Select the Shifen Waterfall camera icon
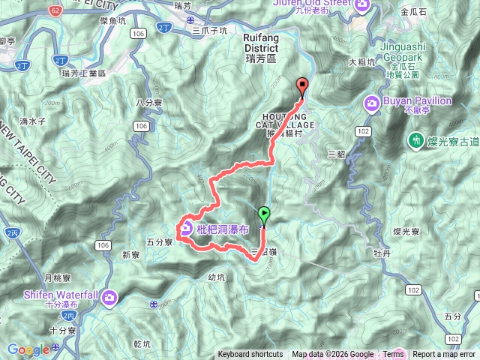(x=110, y=298)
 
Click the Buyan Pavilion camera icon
(x=370, y=102)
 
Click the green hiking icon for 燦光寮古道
(x=414, y=139)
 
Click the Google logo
(x=28, y=349)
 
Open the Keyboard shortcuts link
(x=250, y=355)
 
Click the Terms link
(x=393, y=355)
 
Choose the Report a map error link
(x=444, y=355)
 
